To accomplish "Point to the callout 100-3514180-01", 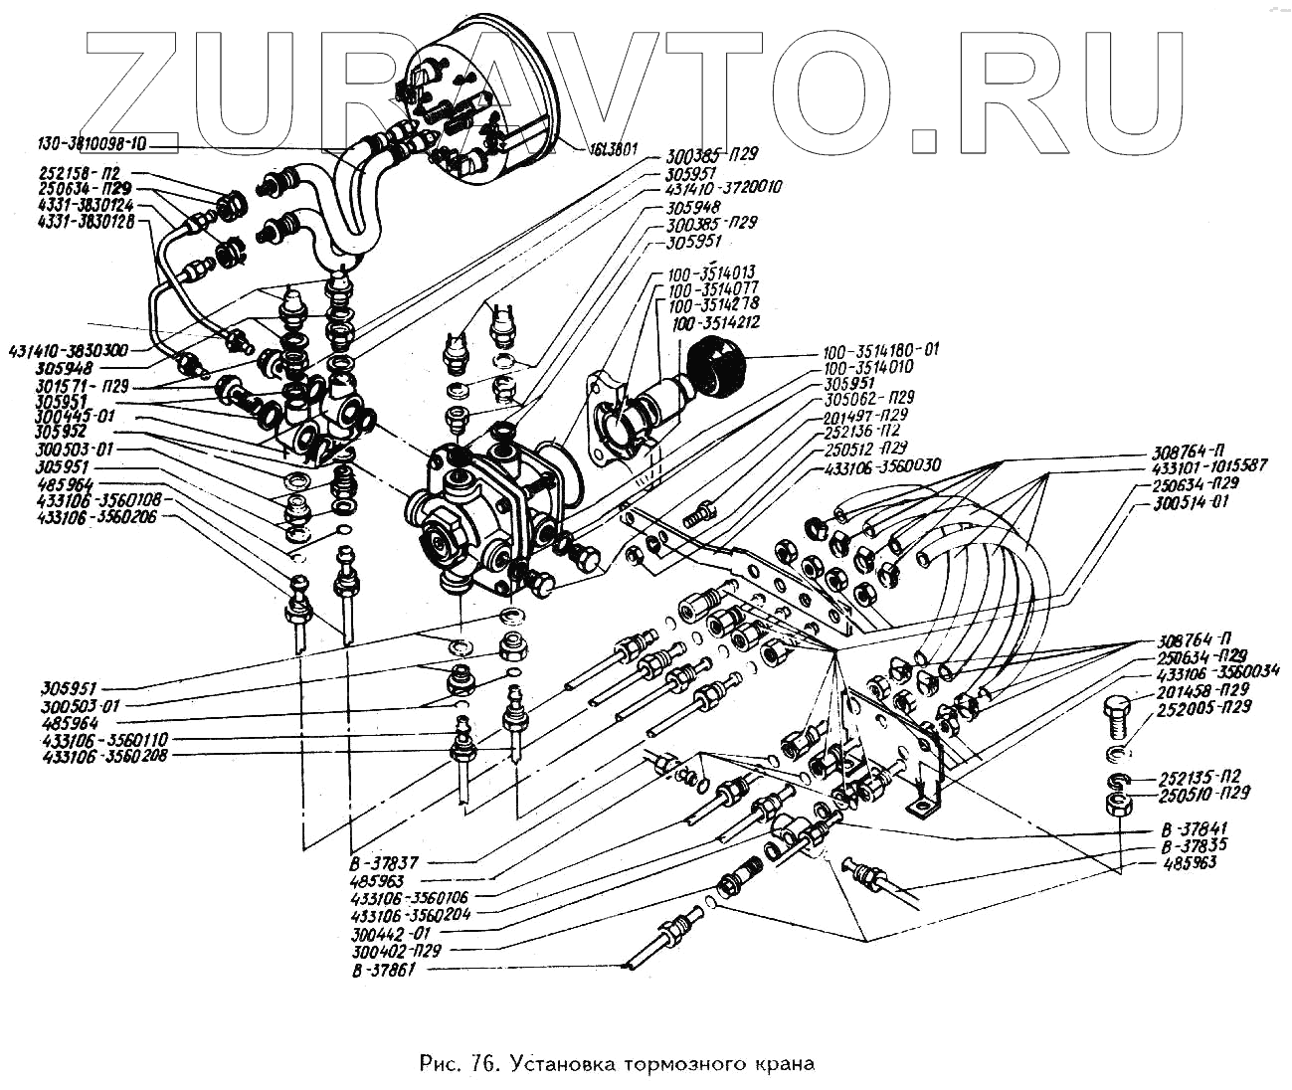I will pyautogui.click(x=880, y=351).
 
